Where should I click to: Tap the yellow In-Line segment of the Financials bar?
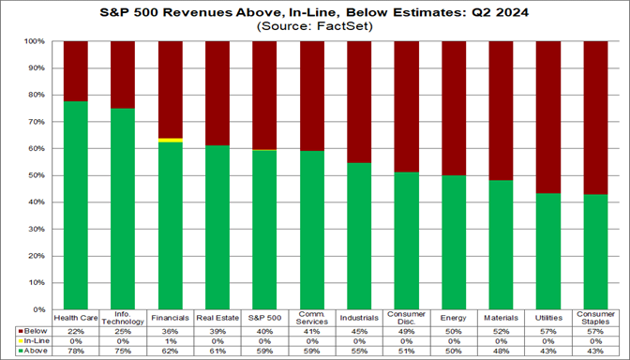171,140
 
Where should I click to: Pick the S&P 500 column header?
264,318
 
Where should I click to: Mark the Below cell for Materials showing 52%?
500,331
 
